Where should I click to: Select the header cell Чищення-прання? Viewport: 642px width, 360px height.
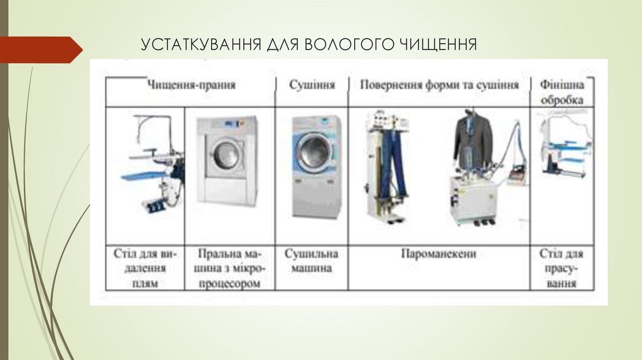[191, 85]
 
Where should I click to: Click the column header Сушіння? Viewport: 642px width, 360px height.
[312, 85]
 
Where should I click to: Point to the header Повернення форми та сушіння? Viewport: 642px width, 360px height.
[439, 85]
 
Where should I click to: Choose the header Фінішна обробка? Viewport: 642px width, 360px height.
[561, 92]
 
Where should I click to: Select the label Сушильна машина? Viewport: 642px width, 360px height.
[312, 261]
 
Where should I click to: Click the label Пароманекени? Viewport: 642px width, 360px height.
[439, 254]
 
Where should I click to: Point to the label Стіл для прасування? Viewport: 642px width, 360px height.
[561, 268]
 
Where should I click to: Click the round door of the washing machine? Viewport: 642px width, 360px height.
[226, 154]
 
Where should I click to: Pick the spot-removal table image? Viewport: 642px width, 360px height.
[150, 163]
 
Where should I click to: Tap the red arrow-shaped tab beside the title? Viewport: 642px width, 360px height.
[40, 49]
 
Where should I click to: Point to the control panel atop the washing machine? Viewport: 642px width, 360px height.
[226, 124]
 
